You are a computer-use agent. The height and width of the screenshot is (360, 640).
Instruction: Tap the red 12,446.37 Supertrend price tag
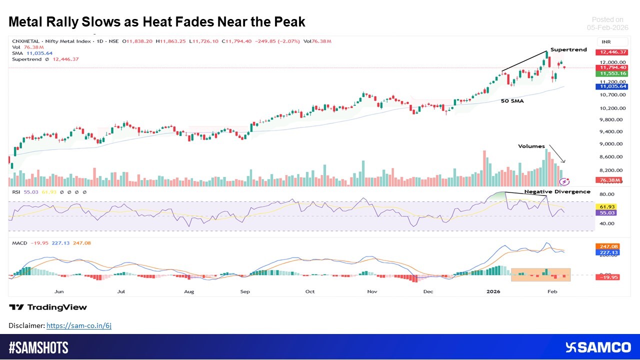[611, 52]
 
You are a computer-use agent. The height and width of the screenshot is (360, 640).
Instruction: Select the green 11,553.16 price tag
[611, 73]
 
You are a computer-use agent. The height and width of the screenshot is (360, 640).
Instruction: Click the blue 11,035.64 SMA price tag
[611, 86]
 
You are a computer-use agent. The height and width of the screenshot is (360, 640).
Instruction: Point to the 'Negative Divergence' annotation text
[557, 191]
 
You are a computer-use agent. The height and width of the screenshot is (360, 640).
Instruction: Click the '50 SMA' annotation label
[512, 100]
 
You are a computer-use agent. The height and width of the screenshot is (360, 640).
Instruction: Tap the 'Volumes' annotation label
[531, 146]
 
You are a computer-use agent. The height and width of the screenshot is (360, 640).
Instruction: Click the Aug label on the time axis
[189, 291]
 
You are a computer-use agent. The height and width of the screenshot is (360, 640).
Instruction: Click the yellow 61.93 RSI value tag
[605, 206]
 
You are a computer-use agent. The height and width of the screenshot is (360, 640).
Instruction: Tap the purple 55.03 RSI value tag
[605, 213]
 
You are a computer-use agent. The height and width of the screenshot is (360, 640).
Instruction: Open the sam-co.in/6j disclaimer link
[79, 325]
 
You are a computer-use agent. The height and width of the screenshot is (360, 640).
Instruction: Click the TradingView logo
[48, 307]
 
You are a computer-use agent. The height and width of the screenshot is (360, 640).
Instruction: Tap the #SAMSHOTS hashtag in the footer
[38, 347]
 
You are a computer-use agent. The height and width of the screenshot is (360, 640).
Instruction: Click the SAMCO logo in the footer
[598, 347]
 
